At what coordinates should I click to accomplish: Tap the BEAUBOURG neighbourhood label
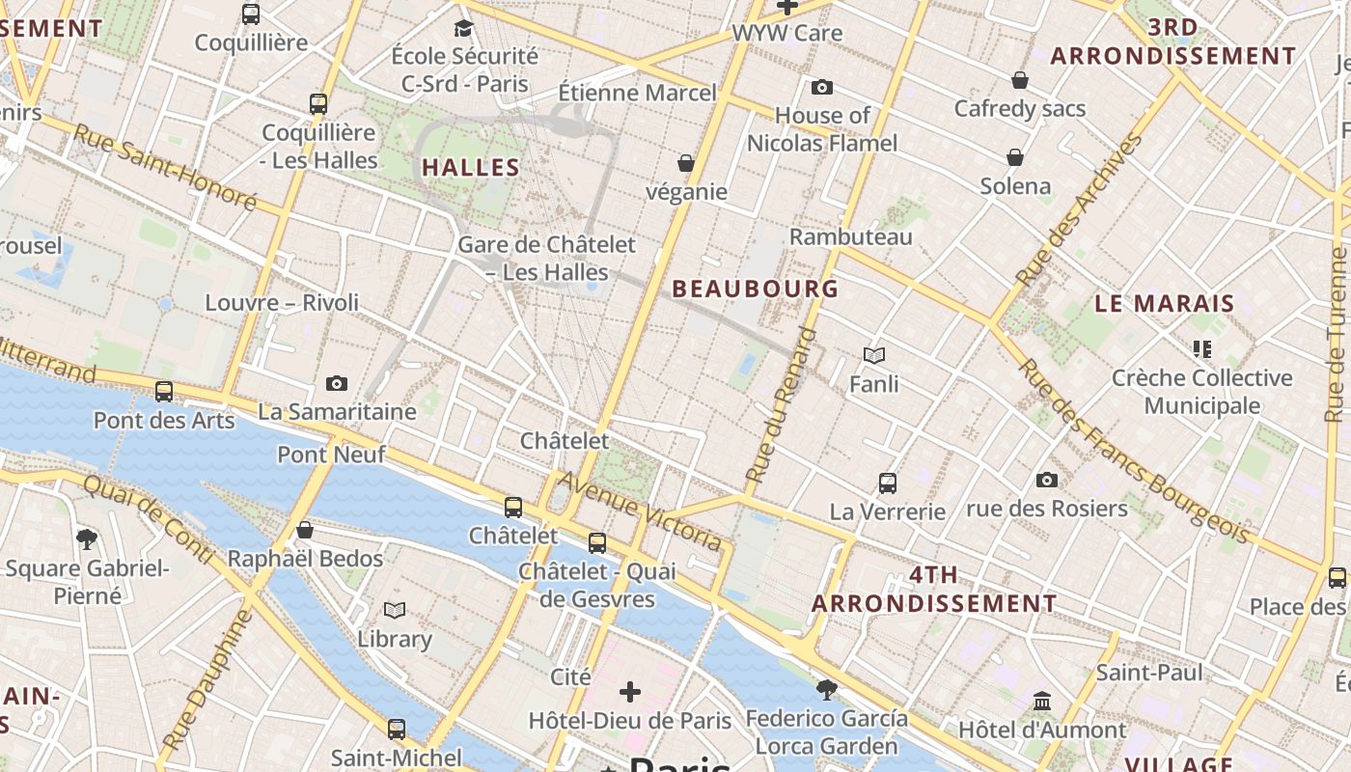click(755, 289)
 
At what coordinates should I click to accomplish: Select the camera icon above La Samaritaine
click(337, 383)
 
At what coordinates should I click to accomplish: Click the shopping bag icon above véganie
click(686, 162)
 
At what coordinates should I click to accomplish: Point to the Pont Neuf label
click(331, 455)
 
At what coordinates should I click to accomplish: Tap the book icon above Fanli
click(874, 355)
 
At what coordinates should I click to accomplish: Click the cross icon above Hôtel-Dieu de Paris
click(630, 691)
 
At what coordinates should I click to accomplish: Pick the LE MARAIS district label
click(1165, 303)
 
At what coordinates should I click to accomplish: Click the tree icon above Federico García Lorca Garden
click(826, 689)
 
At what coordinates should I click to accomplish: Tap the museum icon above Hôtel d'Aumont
click(1042, 701)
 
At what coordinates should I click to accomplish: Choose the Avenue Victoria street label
click(640, 510)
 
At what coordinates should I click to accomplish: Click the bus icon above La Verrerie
click(888, 482)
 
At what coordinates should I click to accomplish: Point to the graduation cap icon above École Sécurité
click(464, 27)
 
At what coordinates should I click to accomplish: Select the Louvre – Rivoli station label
click(282, 303)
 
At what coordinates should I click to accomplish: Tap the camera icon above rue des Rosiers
click(1047, 480)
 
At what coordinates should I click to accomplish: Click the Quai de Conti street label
click(148, 517)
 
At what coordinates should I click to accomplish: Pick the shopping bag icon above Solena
click(1015, 156)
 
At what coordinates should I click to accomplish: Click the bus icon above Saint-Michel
click(397, 729)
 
